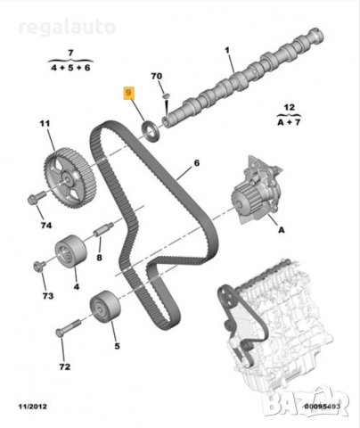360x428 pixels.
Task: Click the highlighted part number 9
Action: (129, 92)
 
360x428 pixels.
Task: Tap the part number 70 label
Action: (156, 77)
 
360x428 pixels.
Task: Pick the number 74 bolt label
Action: (45, 227)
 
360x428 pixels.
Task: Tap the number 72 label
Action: (63, 366)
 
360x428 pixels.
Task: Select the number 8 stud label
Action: (99, 257)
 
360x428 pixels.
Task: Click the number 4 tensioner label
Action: (76, 286)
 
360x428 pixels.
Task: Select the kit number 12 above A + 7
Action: (288, 107)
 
